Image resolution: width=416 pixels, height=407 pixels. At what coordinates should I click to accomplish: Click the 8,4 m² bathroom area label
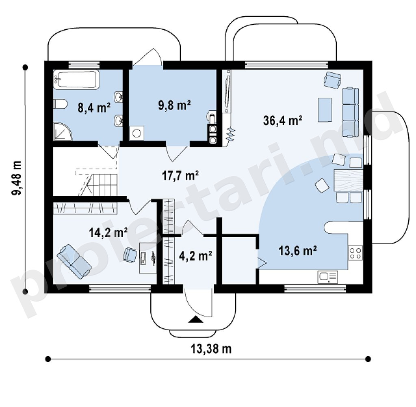click(94, 108)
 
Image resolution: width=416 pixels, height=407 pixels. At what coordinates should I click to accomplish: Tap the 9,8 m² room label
click(174, 105)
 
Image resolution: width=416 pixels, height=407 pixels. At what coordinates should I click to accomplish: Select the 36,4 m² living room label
click(283, 120)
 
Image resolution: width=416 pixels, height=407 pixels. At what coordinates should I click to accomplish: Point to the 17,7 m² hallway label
click(180, 176)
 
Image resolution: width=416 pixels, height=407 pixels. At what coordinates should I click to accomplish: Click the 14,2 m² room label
click(108, 232)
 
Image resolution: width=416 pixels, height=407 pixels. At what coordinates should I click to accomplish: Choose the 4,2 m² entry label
click(195, 256)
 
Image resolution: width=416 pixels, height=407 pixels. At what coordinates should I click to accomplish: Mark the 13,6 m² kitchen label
click(297, 251)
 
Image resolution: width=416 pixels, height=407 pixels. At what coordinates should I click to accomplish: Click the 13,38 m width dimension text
click(211, 348)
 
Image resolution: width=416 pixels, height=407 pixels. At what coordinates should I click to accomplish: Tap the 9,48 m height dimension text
click(16, 178)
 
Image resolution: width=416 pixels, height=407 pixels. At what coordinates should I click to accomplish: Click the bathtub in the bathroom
click(76, 79)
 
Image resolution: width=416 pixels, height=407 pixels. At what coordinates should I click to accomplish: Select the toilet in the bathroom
click(60, 104)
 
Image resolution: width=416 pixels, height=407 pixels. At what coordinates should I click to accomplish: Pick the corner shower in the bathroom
click(63, 131)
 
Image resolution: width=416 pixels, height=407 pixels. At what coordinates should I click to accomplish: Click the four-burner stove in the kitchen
click(355, 253)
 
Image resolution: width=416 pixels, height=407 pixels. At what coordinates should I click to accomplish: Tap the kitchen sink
click(328, 277)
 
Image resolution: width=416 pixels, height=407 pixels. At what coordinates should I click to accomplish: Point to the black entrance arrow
click(196, 319)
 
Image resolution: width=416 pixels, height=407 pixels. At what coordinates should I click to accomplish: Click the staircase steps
click(98, 185)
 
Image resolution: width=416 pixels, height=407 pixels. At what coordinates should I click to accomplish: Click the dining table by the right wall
click(348, 180)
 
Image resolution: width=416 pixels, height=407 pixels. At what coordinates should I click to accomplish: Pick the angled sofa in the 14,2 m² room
click(74, 262)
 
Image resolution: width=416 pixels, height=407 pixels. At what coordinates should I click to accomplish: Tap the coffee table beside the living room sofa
click(325, 109)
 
